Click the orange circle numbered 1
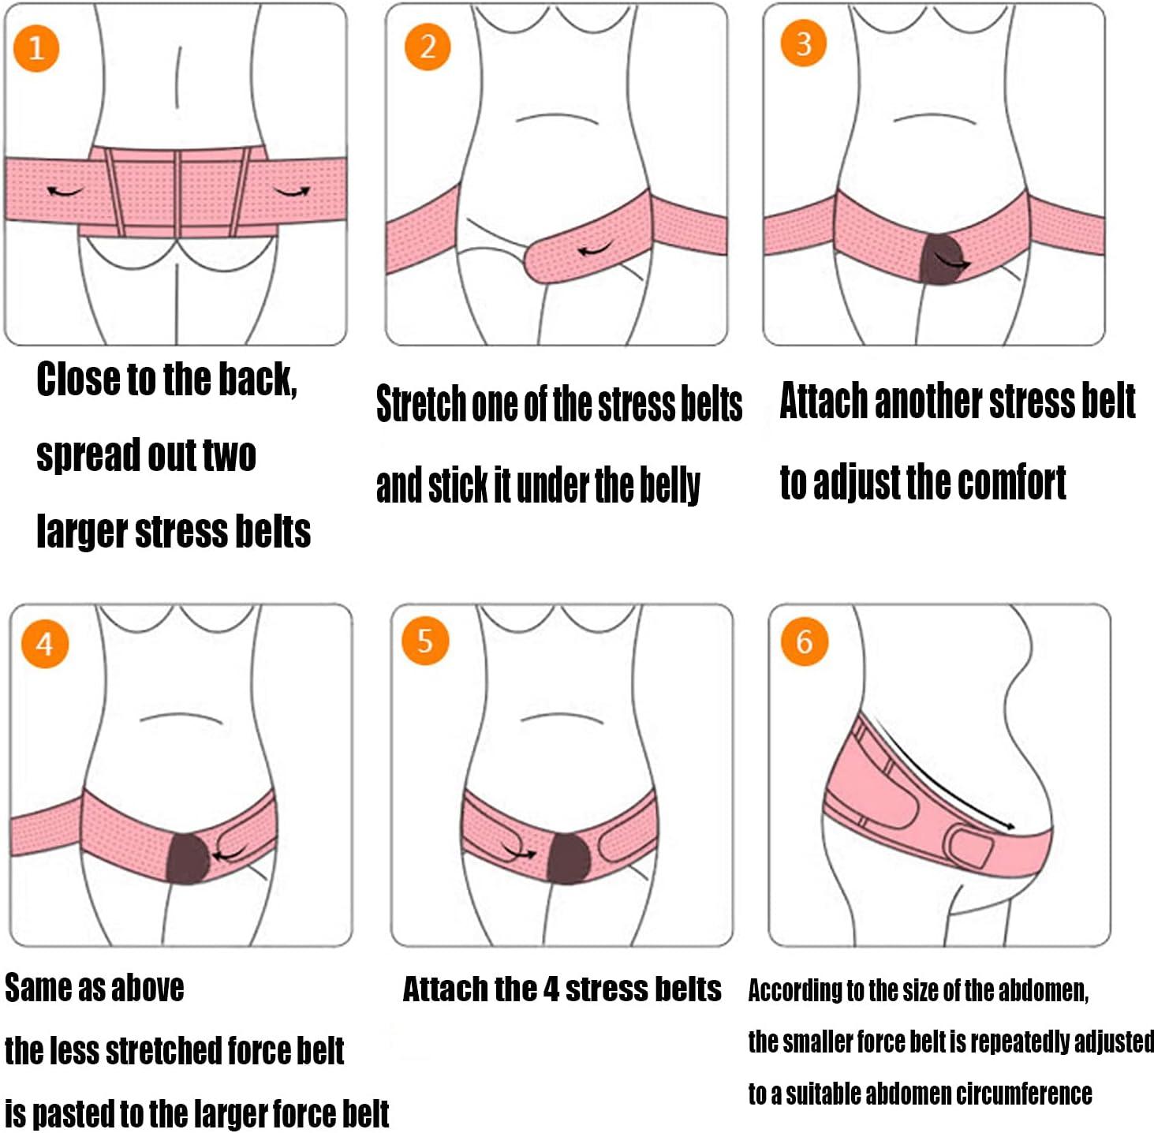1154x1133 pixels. pyautogui.click(x=35, y=48)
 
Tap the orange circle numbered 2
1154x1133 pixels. pyautogui.click(x=427, y=47)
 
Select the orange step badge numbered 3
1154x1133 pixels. pyautogui.click(x=803, y=43)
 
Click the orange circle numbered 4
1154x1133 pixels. pyautogui.click(x=44, y=644)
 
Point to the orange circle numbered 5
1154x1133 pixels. pyautogui.click(x=424, y=641)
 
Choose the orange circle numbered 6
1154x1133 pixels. pyautogui.click(x=804, y=641)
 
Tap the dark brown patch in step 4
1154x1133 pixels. pyautogui.click(x=188, y=858)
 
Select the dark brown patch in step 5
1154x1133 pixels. pyautogui.click(x=569, y=858)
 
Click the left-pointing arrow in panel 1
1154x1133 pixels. pyautogui.click(x=65, y=191)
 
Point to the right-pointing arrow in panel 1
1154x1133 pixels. pyautogui.click(x=293, y=190)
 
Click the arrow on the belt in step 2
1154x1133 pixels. pyautogui.click(x=595, y=251)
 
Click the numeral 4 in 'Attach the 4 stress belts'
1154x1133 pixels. pyautogui.click(x=551, y=989)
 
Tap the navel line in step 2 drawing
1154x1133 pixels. pyautogui.click(x=556, y=118)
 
